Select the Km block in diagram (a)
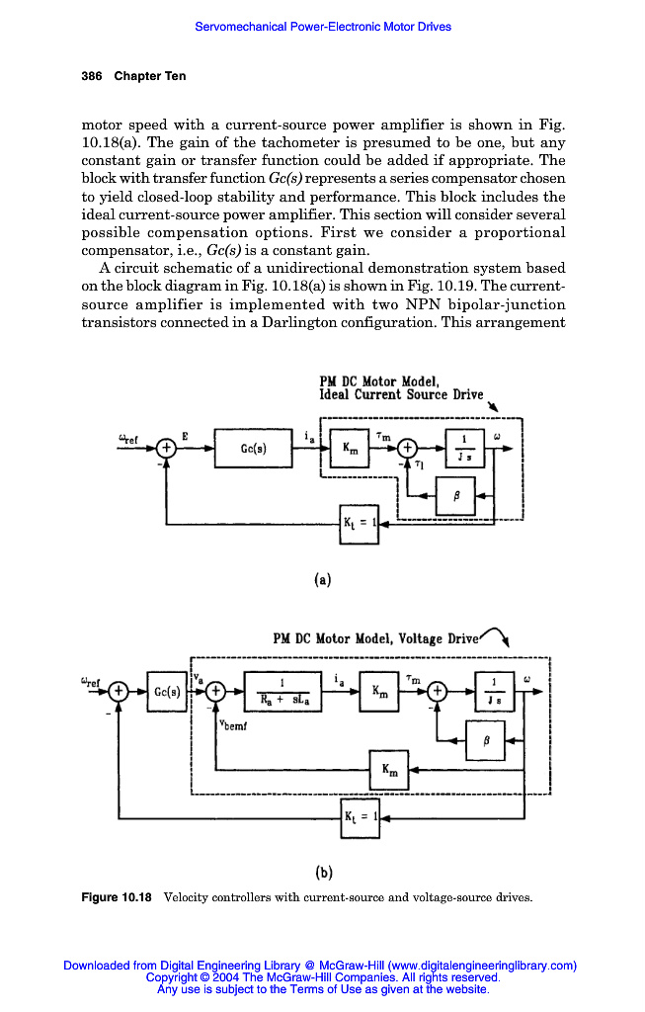tap(351, 448)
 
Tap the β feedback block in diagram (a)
tap(455, 496)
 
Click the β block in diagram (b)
tap(484, 738)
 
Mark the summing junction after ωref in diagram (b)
tap(118, 691)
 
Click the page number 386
tap(93, 76)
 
